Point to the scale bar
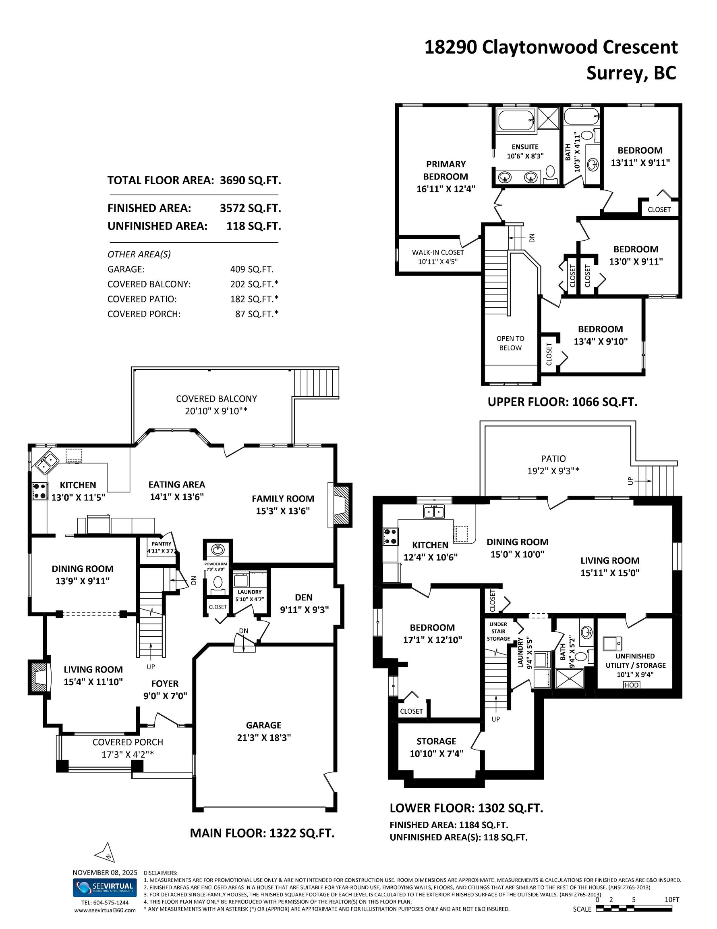pyautogui.click(x=634, y=908)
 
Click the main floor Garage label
pyautogui.click(x=263, y=725)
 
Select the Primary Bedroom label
pyautogui.click(x=446, y=170)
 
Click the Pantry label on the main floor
pyautogui.click(x=162, y=544)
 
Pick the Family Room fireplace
pyautogui.click(x=340, y=505)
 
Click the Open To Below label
pyautogui.click(x=510, y=343)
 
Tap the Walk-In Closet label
pyautogui.click(x=438, y=252)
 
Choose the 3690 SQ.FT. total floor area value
pyautogui.click(x=250, y=180)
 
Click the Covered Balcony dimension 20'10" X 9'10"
pyautogui.click(x=216, y=411)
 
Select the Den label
pyautogui.click(x=303, y=598)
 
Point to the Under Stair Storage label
pyautogui.click(x=498, y=631)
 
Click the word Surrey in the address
pyautogui.click(x=617, y=73)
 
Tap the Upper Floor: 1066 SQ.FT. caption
pyautogui.click(x=562, y=402)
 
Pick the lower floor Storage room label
pyautogui.click(x=436, y=741)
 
